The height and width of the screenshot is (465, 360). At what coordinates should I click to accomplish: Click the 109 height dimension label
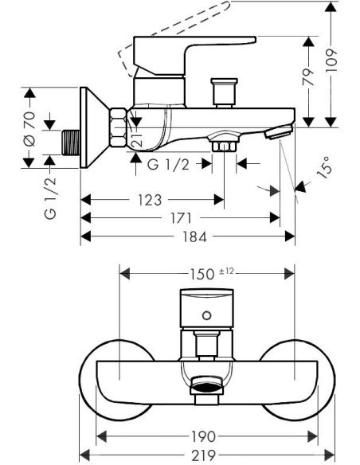coord(331,61)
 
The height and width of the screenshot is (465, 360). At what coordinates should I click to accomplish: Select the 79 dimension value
coord(309,76)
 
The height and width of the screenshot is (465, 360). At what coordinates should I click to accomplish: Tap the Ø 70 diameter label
coord(29,129)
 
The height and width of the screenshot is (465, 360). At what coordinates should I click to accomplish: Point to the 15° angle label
coord(324,167)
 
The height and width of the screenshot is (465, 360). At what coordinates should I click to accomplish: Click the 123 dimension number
coord(150,200)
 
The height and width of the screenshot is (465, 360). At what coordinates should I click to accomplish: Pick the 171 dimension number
coord(181,218)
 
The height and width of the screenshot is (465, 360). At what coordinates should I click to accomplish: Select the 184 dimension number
coord(194,236)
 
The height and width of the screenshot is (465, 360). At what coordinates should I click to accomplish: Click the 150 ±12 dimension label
coord(212,273)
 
